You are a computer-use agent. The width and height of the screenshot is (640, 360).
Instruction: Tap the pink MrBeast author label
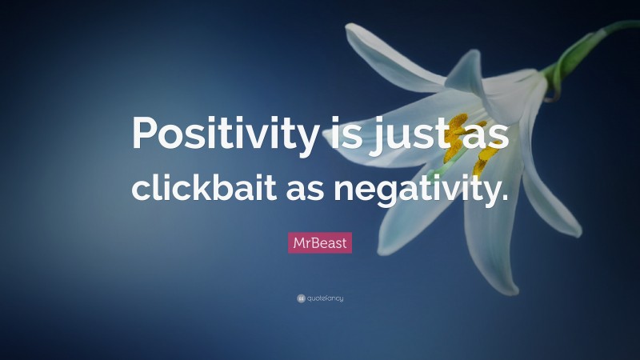click(x=320, y=242)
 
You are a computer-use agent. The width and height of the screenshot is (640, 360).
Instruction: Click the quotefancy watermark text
click(x=326, y=298)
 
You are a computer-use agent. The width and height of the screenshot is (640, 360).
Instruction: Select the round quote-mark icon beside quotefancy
click(x=301, y=298)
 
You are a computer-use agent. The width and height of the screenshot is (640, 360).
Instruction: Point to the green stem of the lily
click(x=580, y=47)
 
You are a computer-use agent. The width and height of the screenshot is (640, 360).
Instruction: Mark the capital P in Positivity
click(x=148, y=133)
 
